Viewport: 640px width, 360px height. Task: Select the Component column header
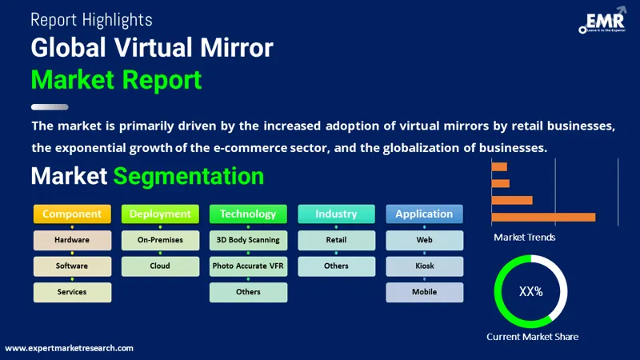click(x=72, y=214)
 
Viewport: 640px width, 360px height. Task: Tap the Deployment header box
click(x=160, y=214)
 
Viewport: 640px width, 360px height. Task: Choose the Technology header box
click(x=248, y=214)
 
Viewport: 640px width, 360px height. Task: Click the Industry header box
click(x=336, y=214)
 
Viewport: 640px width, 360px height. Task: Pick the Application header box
click(x=424, y=214)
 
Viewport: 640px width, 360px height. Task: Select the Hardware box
click(x=72, y=240)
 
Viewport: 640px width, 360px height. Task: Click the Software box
click(x=72, y=266)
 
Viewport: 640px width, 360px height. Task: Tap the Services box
click(x=72, y=292)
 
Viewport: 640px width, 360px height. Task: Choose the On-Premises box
click(x=160, y=240)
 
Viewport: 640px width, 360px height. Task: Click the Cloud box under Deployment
click(x=160, y=266)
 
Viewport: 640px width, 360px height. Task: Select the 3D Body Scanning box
click(x=248, y=240)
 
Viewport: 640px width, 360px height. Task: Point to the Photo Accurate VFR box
click(x=248, y=266)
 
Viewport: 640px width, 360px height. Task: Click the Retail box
click(x=336, y=240)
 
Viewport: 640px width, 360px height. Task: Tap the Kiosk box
click(x=424, y=266)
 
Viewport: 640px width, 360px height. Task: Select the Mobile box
click(x=424, y=292)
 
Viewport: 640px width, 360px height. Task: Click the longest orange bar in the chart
click(x=543, y=217)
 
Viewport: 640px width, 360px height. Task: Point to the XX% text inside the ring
click(x=530, y=292)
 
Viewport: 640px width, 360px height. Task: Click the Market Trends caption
click(x=524, y=238)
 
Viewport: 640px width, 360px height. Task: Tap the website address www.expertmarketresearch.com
click(x=70, y=348)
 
